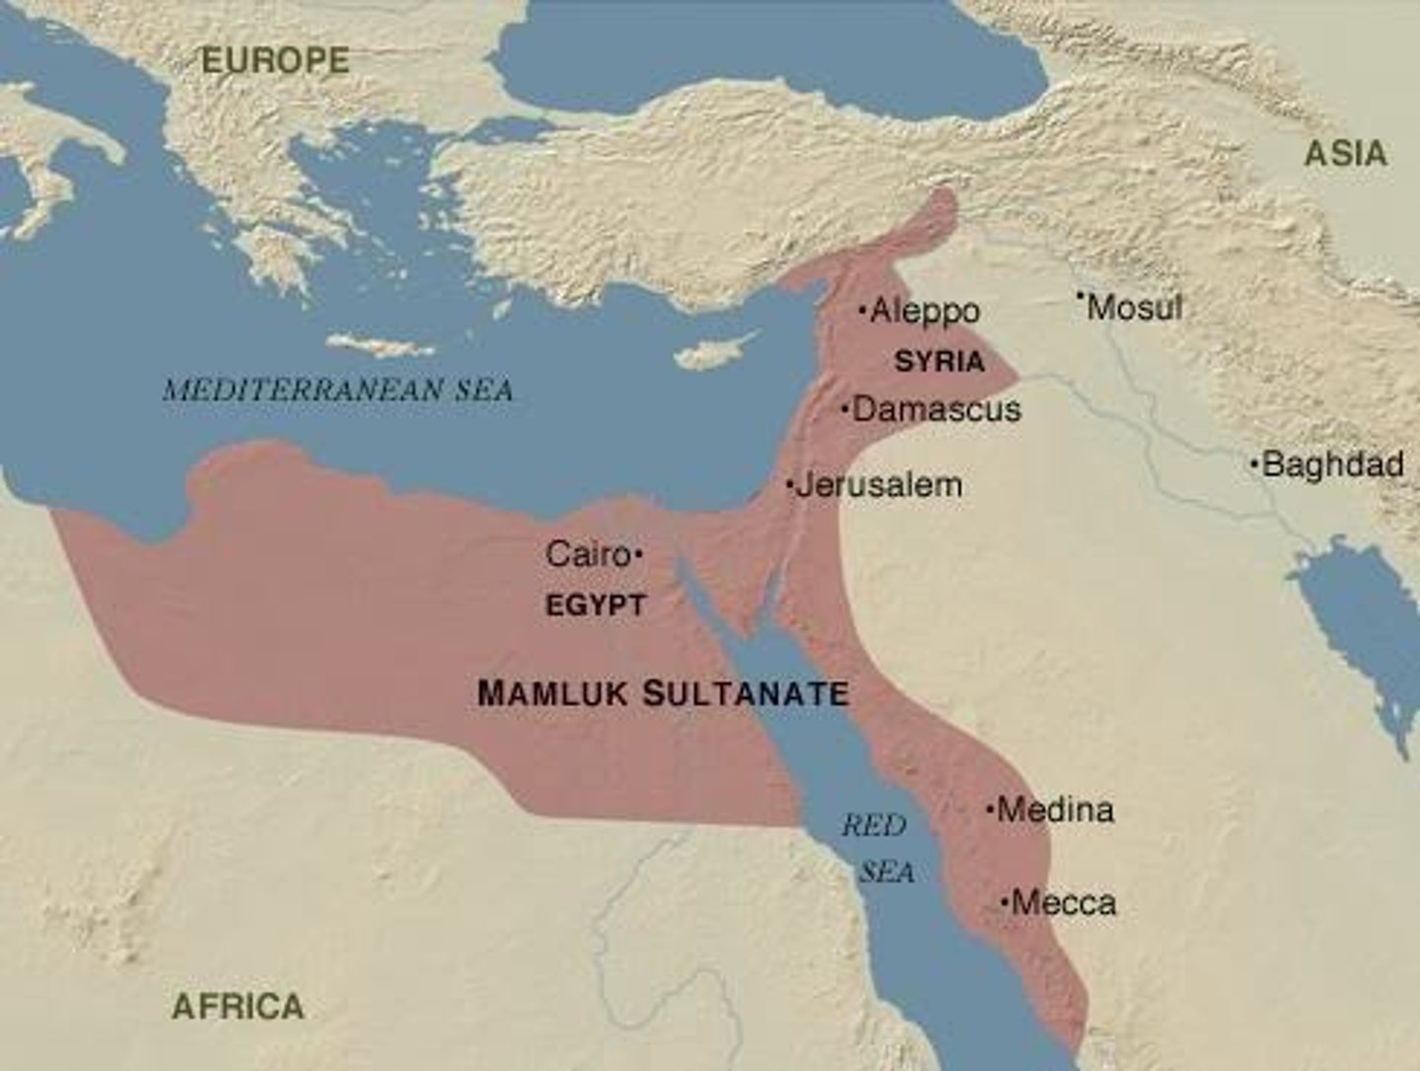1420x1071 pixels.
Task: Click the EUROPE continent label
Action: (x=275, y=61)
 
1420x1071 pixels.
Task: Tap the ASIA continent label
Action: (x=1346, y=154)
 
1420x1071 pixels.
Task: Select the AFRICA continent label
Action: (x=238, y=1007)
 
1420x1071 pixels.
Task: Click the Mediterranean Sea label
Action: (x=338, y=391)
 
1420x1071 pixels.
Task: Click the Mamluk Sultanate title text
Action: (x=663, y=693)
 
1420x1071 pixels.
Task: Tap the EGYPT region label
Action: (x=596, y=606)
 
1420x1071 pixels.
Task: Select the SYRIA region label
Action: (x=939, y=362)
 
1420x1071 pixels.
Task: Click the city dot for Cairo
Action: (x=639, y=556)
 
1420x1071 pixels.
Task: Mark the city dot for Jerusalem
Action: (x=790, y=484)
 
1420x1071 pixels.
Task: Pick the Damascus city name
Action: (x=936, y=409)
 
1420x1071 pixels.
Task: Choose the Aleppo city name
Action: (x=925, y=312)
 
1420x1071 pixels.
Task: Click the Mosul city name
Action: (x=1134, y=308)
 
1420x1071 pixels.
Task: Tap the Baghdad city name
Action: (x=1332, y=464)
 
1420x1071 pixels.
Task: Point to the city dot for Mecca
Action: (x=1005, y=902)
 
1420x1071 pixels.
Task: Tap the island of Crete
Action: (x=380, y=345)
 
